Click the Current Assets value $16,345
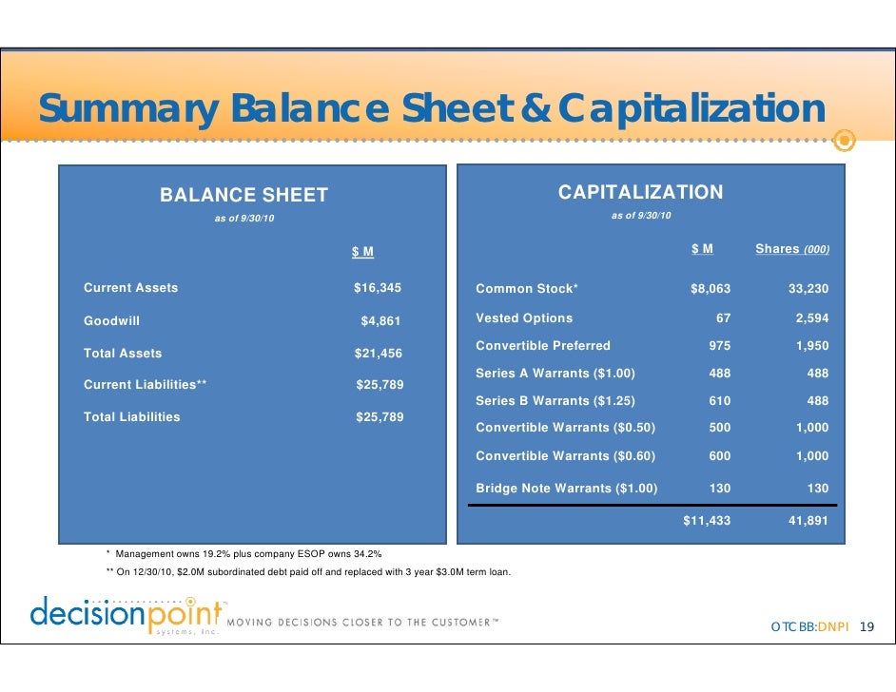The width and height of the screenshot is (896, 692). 378,287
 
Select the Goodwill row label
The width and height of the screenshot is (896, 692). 111,321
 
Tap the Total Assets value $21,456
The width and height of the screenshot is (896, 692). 378,354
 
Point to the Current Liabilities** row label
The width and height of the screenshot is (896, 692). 146,385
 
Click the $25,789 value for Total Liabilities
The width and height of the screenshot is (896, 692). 379,417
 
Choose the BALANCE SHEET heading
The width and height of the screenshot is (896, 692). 243,196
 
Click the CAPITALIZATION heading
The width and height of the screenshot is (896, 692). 640,193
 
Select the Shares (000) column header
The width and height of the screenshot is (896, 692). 791,249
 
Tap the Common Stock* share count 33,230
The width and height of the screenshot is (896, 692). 808,289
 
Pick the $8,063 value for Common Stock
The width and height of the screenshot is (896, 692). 710,289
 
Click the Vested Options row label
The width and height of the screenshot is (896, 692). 524,318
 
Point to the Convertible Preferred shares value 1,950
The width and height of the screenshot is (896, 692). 811,346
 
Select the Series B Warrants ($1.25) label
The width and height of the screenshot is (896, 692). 555,400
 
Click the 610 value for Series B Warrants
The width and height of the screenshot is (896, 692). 719,400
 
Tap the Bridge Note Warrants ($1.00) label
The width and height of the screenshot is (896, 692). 566,488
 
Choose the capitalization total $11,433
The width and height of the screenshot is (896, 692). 707,521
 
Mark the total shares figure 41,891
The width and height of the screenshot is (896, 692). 808,521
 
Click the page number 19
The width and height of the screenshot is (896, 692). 866,627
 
